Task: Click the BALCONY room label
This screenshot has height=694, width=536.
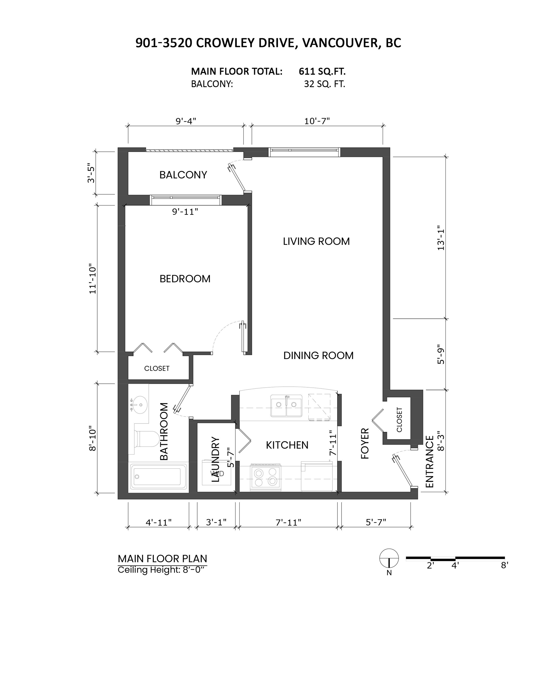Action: click(x=183, y=175)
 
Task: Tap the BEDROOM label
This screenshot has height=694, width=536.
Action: click(x=185, y=279)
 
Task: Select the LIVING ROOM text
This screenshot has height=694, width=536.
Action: click(x=316, y=241)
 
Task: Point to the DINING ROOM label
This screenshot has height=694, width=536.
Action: click(x=318, y=355)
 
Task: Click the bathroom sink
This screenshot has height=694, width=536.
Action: click(x=139, y=405)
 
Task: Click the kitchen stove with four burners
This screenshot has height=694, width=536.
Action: click(x=265, y=477)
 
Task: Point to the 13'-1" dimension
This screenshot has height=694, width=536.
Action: click(x=441, y=238)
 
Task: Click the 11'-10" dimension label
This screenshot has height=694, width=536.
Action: click(x=92, y=279)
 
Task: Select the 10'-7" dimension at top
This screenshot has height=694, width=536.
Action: click(x=317, y=121)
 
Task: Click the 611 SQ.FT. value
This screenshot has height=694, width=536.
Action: click(x=322, y=71)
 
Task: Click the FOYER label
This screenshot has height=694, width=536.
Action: click(x=365, y=443)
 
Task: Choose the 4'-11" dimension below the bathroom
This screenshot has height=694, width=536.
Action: click(x=159, y=522)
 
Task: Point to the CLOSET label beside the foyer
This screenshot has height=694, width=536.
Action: click(x=399, y=420)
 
